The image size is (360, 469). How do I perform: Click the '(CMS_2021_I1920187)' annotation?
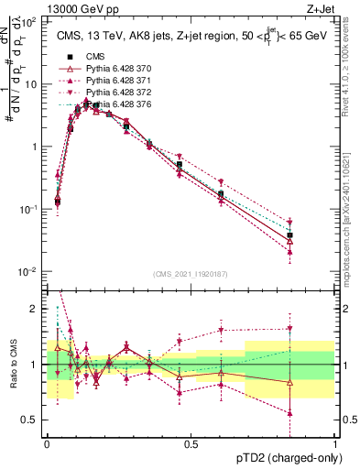[191, 273]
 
